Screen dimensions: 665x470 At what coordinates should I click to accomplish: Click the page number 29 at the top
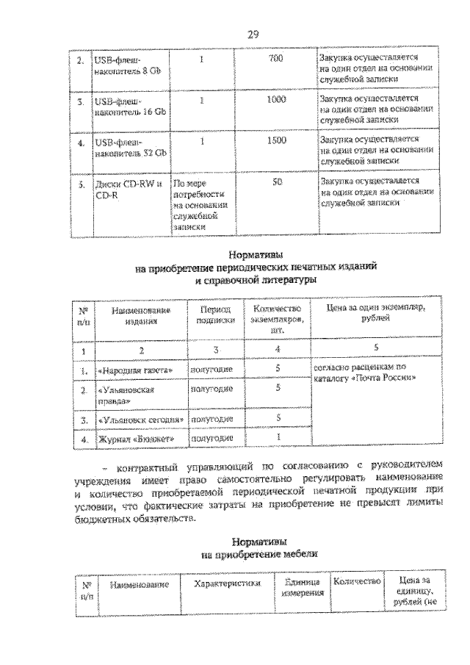click(x=253, y=34)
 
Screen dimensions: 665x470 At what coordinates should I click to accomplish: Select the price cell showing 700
click(x=276, y=58)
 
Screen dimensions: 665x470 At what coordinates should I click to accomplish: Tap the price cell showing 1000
click(x=276, y=99)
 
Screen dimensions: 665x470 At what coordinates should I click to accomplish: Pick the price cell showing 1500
click(x=276, y=140)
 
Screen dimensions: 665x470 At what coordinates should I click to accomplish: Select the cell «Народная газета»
click(x=137, y=369)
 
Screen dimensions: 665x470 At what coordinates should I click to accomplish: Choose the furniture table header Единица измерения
click(x=302, y=589)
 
